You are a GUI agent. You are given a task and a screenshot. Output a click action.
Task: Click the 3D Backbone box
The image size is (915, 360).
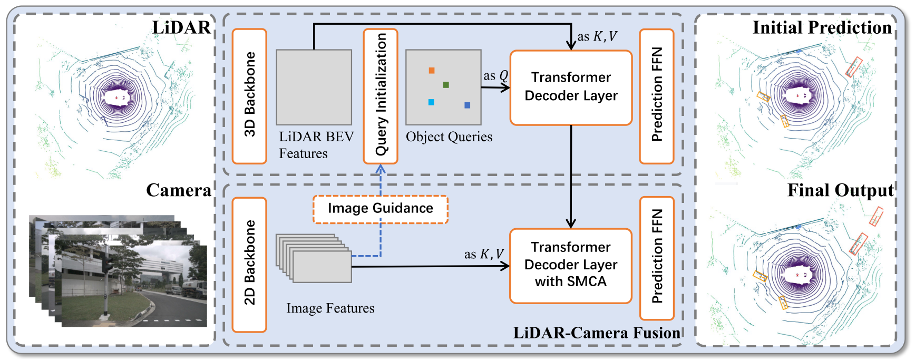coord(249,96)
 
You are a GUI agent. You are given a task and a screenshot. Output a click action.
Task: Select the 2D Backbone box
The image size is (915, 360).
coord(249,264)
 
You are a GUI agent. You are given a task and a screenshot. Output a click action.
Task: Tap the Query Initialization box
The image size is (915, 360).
coord(381,96)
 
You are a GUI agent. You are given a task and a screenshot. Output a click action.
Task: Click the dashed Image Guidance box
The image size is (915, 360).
coord(380,209)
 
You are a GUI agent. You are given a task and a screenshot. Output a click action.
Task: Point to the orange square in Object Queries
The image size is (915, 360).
coord(432,71)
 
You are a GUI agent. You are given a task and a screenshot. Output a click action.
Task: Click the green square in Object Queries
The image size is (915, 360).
coord(446,85)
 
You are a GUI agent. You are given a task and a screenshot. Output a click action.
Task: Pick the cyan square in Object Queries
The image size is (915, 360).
coord(431,102)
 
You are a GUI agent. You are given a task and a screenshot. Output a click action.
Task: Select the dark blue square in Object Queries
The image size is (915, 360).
coord(467,105)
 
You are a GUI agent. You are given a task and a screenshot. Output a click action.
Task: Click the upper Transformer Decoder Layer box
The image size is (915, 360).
coord(571,87)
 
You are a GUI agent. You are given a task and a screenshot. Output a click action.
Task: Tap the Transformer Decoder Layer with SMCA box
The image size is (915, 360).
coord(571,265)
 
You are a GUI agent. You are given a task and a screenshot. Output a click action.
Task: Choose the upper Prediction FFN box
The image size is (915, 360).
coord(657,96)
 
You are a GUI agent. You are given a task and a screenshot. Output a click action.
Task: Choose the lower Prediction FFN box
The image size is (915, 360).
coord(657,258)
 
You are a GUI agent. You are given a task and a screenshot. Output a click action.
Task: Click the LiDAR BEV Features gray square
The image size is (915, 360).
coord(314,87)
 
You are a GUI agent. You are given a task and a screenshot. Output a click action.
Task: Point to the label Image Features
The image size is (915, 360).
coord(330,308)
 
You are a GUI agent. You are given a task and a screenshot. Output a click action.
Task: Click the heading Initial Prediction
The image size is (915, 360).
coord(822,27)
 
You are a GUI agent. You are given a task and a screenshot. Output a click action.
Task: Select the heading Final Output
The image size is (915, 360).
coord(840,190)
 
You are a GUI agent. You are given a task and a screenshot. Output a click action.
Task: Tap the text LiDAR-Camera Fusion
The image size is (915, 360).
coord(597,333)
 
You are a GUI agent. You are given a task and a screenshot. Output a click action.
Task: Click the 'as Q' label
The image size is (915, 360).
coord(495,76)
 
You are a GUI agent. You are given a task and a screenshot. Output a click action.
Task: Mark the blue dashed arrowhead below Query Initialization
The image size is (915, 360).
coord(381,169)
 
